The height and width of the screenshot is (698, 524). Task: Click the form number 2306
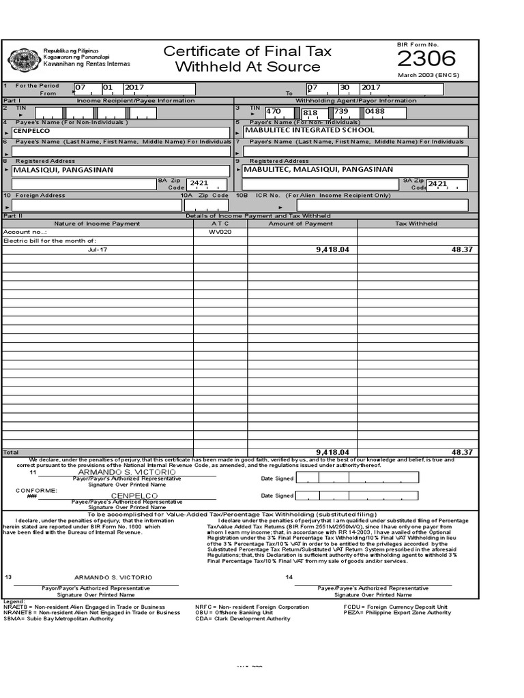tap(426, 59)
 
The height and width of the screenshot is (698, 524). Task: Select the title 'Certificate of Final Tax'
tap(248, 51)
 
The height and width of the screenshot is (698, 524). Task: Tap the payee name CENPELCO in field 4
tap(32, 130)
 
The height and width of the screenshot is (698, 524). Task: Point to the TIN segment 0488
tap(375, 111)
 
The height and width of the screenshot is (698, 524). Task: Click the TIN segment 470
tap(274, 111)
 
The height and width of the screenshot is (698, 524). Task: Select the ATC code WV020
tap(220, 232)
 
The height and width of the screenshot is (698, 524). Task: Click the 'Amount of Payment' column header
tap(301, 224)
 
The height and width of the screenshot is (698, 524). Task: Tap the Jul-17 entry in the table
tap(98, 249)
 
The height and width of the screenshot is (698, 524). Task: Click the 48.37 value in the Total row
tap(462, 452)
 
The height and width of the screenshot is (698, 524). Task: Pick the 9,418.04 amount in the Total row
tap(332, 452)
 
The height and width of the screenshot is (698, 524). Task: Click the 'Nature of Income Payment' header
tap(98, 224)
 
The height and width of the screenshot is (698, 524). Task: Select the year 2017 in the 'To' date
tap(371, 88)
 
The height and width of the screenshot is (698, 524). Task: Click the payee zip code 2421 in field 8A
tap(199, 184)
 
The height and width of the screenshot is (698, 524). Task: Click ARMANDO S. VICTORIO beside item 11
tap(127, 472)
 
